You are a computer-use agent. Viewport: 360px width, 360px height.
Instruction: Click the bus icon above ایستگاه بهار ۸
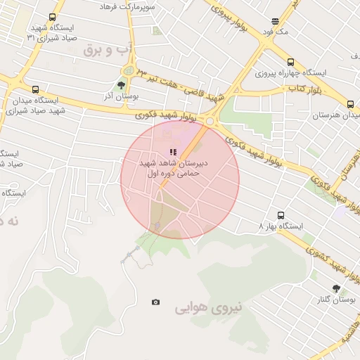pos(281,215)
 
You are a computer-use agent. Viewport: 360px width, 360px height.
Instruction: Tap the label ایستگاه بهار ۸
pos(281,226)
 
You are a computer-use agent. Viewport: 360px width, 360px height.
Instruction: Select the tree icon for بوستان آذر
pos(121,84)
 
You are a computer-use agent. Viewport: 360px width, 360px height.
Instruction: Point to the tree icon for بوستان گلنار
pos(336,288)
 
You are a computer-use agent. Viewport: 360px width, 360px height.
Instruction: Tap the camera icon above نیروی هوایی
pos(155,302)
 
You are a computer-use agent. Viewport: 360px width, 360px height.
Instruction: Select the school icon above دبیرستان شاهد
pos(173,152)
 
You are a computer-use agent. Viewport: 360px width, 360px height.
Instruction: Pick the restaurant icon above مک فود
pos(274,21)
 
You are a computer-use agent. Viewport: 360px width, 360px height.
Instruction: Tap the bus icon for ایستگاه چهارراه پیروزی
pos(290,61)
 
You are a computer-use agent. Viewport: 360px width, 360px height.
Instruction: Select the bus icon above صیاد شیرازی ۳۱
pos(52,18)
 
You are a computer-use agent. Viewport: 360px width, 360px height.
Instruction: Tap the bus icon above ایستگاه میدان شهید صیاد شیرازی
pos(35,89)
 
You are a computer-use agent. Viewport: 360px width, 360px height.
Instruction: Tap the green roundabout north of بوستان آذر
pos(128,71)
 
